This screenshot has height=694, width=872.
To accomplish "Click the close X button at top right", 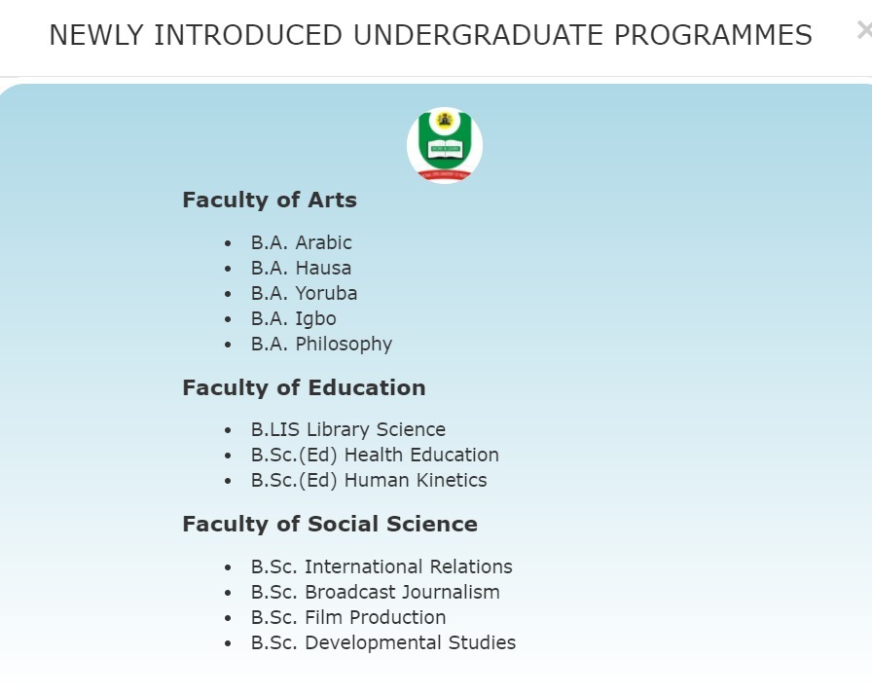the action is pos(865,30).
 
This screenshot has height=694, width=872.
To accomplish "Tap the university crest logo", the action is pos(445,145).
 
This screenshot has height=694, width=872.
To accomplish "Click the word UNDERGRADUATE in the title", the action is pos(478,35).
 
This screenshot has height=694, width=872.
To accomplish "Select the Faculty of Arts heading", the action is pos(270,200).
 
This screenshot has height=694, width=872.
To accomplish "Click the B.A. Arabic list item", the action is pos(302,242).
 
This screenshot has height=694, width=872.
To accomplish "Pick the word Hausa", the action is pos(323,268).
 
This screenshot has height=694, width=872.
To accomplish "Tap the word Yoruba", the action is pos(326,293).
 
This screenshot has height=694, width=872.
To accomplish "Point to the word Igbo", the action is pos(316,319).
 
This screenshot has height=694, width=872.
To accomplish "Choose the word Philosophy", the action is pos(344,345).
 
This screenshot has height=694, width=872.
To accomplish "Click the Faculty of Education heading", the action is pos(305,387).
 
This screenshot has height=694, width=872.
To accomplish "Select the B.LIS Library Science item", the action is pos(348,429).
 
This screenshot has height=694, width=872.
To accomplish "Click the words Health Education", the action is pos(421,455).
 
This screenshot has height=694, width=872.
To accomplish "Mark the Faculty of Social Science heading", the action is pos(330,524).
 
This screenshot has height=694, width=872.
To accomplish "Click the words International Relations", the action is pos(408,566).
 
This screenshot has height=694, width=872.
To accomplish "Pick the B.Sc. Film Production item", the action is pos(348,617).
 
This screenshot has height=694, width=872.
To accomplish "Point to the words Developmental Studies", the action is pos(411,642).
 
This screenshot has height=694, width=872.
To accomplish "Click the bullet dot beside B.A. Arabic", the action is pos(228,243).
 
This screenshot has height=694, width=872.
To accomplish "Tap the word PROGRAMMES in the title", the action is pos(713,35).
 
